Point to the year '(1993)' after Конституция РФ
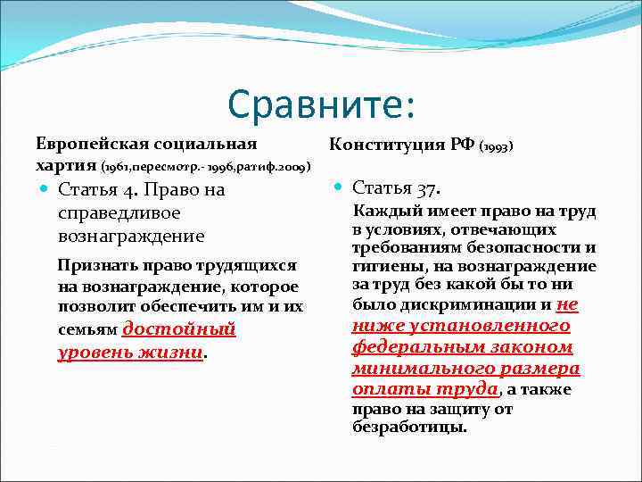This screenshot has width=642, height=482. (497, 145)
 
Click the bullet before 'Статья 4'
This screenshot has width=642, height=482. (45, 190)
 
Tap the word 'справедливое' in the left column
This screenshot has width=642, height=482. (118, 213)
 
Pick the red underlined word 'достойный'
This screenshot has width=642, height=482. (178, 328)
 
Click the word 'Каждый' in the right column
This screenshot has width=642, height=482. (387, 212)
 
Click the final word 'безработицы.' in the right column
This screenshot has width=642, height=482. (410, 427)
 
